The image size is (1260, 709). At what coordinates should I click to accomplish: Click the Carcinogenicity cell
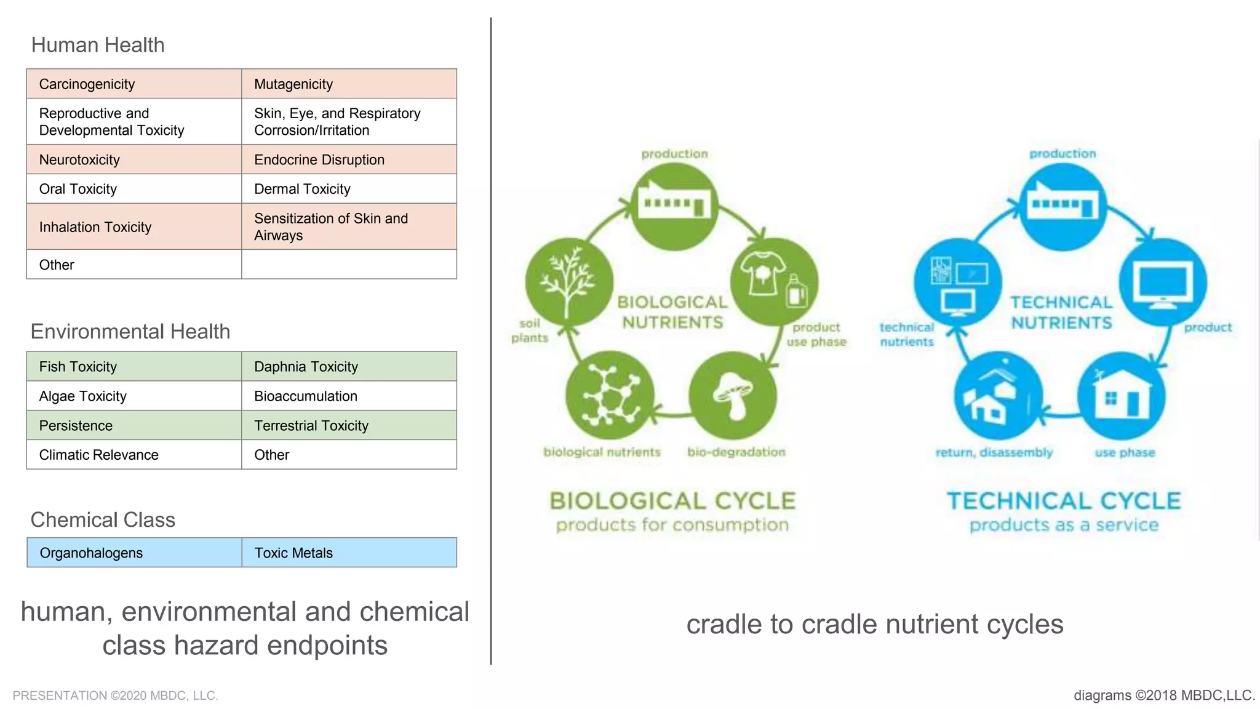click(x=134, y=84)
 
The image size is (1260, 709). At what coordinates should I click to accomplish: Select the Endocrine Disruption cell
click(x=349, y=160)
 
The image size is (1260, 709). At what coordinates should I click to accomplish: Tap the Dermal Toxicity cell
click(x=349, y=189)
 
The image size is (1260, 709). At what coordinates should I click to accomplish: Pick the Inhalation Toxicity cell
click(x=134, y=227)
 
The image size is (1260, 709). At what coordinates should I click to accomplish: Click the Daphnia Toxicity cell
click(x=349, y=367)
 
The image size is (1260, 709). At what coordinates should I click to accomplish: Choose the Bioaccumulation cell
click(x=349, y=396)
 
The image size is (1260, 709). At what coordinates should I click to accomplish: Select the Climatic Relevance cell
click(x=134, y=455)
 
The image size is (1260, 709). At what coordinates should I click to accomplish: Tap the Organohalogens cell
click(x=134, y=553)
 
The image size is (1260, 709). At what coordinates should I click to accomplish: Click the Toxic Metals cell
click(x=349, y=553)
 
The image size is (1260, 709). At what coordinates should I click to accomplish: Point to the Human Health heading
click(x=98, y=45)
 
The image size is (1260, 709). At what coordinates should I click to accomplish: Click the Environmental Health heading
click(x=130, y=332)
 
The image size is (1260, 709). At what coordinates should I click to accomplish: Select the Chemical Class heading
click(x=103, y=520)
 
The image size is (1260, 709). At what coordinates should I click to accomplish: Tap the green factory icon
click(x=675, y=206)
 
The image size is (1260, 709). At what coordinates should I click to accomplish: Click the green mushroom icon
click(x=733, y=396)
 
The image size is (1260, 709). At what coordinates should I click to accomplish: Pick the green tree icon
click(x=569, y=282)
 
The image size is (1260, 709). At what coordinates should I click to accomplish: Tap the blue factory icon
click(x=1063, y=206)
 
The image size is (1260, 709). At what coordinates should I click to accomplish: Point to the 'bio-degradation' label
click(x=736, y=452)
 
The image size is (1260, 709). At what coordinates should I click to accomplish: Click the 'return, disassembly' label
click(x=994, y=453)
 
